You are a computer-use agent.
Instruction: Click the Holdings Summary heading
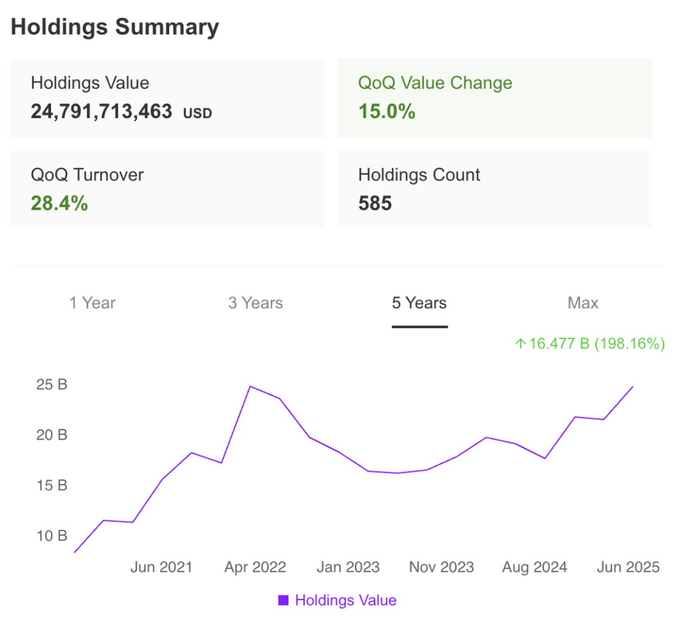115,27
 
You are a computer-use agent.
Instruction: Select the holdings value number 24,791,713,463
101,111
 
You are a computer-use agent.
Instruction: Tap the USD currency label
198,113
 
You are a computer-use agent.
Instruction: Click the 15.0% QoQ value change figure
387,111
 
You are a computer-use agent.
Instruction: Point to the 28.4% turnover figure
59,203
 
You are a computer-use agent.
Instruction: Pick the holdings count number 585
375,203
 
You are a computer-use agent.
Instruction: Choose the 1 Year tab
92,303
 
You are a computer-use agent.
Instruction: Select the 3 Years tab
255,303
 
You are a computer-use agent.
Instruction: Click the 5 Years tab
419,303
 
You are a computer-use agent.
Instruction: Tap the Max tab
583,303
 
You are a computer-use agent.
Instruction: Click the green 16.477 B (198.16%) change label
589,344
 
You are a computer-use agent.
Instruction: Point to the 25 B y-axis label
52,385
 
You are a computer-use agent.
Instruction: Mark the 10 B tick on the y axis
52,535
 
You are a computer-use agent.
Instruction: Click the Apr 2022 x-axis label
255,567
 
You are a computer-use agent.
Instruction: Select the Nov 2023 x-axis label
442,567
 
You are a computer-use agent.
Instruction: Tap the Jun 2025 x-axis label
628,567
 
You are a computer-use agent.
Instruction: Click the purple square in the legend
283,601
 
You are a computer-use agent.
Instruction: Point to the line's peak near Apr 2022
250,386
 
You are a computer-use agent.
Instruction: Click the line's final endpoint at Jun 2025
633,387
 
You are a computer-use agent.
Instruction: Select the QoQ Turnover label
87,174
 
